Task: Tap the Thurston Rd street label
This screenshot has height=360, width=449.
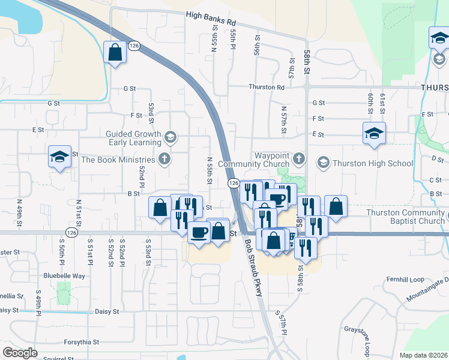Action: tap(267, 87)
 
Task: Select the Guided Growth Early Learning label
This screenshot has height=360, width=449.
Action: tap(133, 139)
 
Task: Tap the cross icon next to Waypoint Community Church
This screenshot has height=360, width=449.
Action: tap(300, 159)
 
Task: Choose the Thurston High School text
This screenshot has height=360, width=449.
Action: tap(373, 163)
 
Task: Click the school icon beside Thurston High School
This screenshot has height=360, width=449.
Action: tap(323, 163)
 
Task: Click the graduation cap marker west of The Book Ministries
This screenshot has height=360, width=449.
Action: tap(59, 157)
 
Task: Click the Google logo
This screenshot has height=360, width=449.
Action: tap(20, 352)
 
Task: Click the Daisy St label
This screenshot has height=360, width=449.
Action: tap(107, 312)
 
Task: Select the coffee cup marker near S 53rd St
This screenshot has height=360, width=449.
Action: tap(199, 232)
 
